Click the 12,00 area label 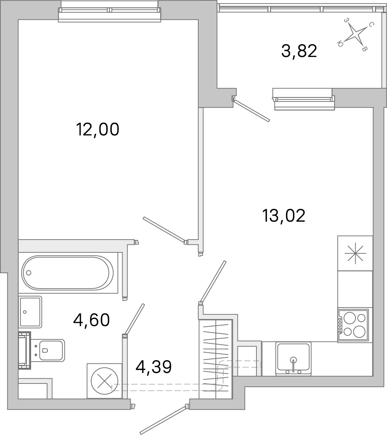pos(98,129)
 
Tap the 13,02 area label pos(283,216)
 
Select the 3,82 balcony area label pos(299,51)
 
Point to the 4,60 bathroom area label pos(91,320)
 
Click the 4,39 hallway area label pos(154,367)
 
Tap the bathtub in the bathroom pos(68,272)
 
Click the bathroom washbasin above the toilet pos(30,312)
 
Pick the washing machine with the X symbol pos(105,381)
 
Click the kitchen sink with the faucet pos(293,359)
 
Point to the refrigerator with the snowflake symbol pos(355,253)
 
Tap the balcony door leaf pos(252,111)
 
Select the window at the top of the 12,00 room pos(109,11)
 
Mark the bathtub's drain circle pos(29,273)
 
